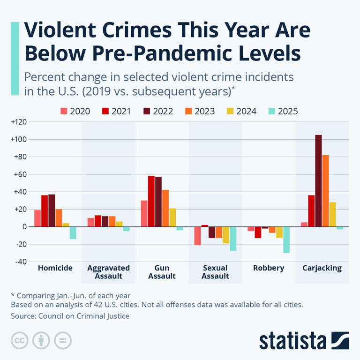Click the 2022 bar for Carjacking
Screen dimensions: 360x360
(318, 181)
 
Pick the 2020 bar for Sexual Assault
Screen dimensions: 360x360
(197, 236)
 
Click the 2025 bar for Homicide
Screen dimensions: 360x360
(73, 232)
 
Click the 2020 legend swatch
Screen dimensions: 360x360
(64, 112)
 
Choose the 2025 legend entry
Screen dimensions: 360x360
(283, 112)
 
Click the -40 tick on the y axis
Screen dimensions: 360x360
(21, 262)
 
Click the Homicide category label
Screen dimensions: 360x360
(55, 269)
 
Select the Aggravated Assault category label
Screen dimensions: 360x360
(108, 272)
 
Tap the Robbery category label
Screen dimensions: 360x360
(269, 269)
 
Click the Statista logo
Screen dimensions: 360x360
(304, 340)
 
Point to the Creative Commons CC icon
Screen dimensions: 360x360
(20, 340)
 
